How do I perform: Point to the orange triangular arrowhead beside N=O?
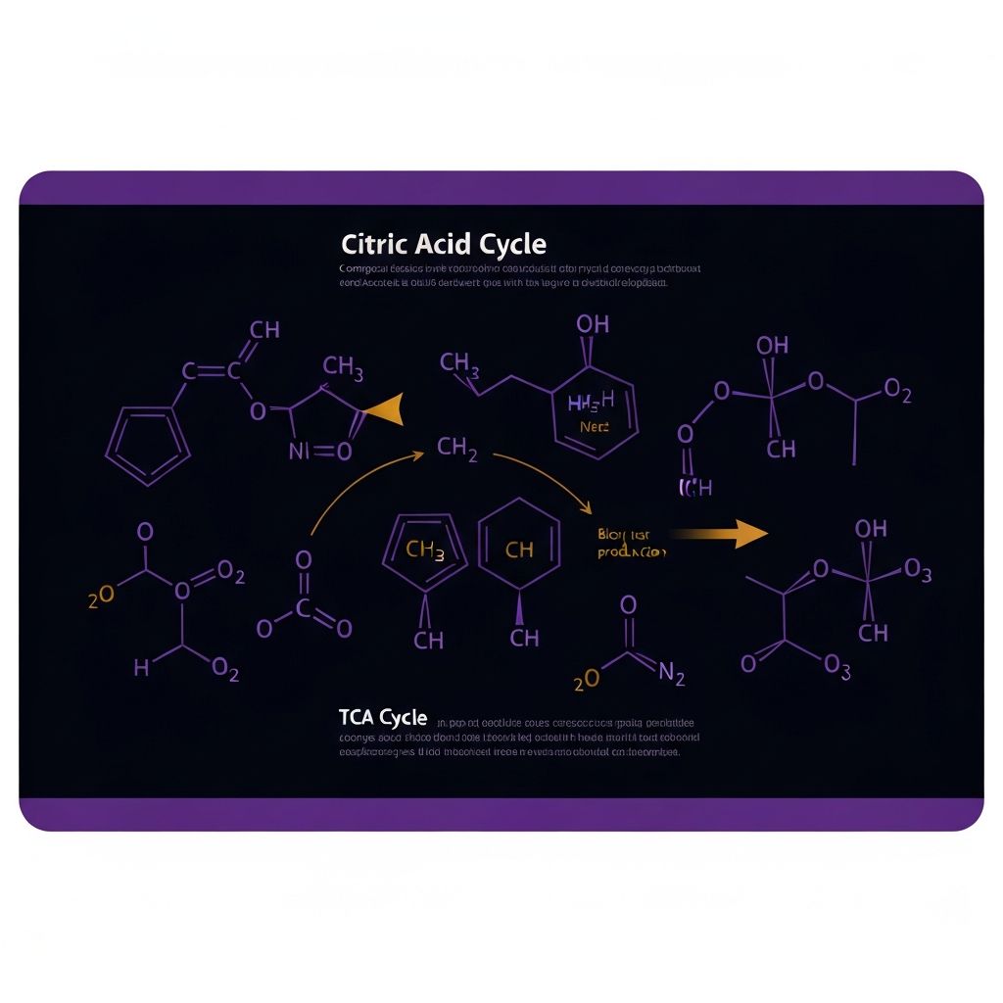pyautogui.click(x=384, y=410)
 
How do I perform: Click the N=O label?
pyautogui.click(x=320, y=452)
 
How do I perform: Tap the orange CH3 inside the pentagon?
pyautogui.click(x=425, y=550)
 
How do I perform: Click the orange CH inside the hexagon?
pyautogui.click(x=519, y=550)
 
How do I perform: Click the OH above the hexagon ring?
pyautogui.click(x=592, y=324)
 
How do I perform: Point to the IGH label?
pyautogui.click(x=695, y=487)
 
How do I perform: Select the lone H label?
pyautogui.click(x=142, y=668)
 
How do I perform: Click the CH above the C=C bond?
pyautogui.click(x=264, y=330)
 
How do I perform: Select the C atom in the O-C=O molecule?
pyautogui.click(x=304, y=608)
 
